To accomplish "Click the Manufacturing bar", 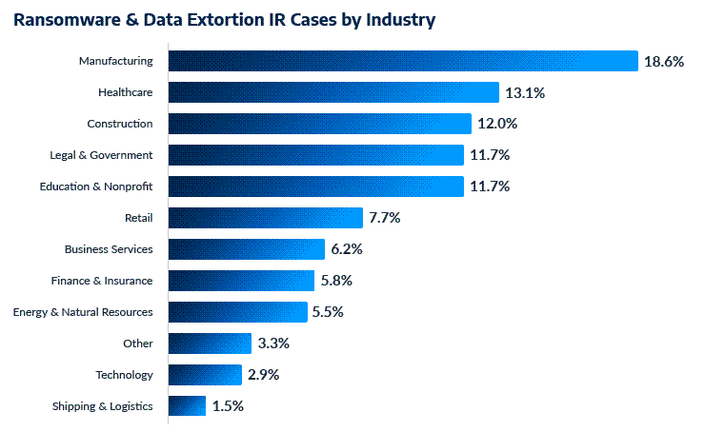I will point(402,61).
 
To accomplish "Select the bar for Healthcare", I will point(333,92).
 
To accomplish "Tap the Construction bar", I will point(319,124).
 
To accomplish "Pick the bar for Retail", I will point(266,218).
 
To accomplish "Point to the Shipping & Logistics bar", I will point(187,406).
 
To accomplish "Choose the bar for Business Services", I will point(247,249).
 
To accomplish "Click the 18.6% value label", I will point(665,61).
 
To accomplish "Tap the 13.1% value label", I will point(526,92).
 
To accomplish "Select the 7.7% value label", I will point(384,218).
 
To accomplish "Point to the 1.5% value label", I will point(228,406).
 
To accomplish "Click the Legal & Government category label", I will point(101,155).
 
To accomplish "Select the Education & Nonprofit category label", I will point(95,187).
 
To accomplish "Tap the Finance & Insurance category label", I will point(101,281).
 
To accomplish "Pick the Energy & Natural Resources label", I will point(82,312).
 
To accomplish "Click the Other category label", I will point(137,344).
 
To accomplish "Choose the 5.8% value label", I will point(335,281).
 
